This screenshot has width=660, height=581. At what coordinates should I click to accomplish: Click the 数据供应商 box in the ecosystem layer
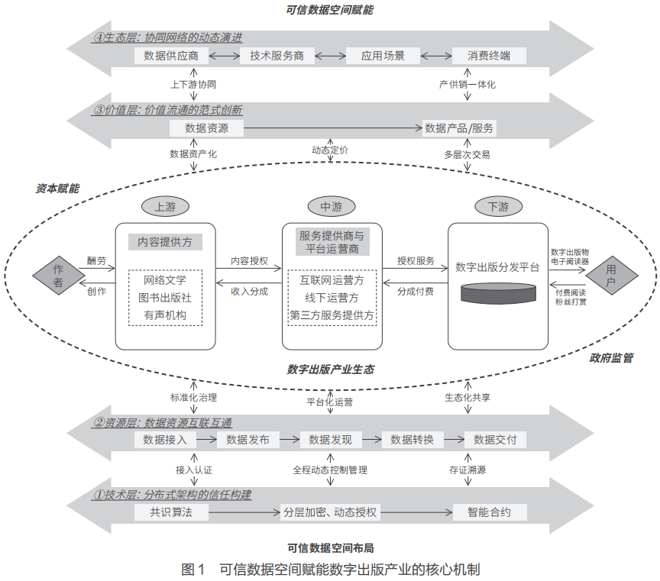coord(171,55)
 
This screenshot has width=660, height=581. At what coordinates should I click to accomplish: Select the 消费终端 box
coord(489,55)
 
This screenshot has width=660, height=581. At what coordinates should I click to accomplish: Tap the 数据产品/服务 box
coord(459,127)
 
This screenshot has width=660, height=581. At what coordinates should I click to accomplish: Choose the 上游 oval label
coord(164,207)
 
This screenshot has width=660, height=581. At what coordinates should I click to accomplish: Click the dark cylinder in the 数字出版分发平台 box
coord(497,294)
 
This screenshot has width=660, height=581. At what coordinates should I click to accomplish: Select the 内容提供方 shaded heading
coord(164,242)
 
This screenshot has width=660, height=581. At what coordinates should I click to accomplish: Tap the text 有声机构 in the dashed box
coord(164,313)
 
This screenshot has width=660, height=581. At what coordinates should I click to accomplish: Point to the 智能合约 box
coord(490,512)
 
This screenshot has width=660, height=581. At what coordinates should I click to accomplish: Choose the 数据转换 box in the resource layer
coord(412,439)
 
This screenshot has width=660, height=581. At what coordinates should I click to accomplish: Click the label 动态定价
coord(330,150)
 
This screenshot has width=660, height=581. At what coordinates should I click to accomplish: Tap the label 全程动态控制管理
coord(330,470)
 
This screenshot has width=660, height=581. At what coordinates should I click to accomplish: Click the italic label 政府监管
coord(611,357)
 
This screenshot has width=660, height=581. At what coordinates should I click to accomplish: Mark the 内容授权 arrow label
coord(249,261)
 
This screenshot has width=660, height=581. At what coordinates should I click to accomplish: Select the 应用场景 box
coord(383,55)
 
